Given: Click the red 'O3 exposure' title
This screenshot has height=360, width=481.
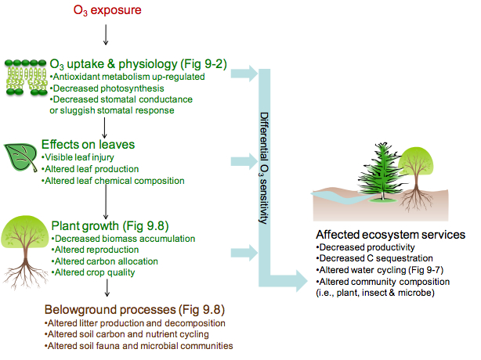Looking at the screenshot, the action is (x=107, y=10).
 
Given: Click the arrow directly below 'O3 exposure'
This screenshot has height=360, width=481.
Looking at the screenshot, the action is (x=106, y=34).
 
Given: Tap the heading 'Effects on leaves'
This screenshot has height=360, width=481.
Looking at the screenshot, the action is (x=88, y=144).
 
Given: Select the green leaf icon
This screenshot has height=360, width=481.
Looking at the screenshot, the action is (x=20, y=157).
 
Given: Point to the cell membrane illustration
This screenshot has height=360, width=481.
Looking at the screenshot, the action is (x=26, y=77).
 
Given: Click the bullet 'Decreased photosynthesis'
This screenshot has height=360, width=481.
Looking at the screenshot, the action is (x=107, y=88).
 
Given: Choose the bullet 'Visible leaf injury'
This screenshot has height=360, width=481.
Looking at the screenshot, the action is (x=78, y=157).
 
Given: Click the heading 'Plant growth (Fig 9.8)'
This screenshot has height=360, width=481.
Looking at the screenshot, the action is (x=110, y=226).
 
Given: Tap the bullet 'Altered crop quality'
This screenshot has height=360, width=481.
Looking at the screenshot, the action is (x=93, y=272).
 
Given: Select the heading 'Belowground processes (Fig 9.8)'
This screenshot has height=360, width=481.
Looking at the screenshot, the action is (x=135, y=310).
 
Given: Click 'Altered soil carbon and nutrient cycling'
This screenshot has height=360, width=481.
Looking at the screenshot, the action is (x=127, y=334).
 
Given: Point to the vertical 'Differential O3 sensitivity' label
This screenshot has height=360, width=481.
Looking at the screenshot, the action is (x=264, y=168).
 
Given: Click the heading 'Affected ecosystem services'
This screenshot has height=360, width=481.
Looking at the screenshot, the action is (x=390, y=235).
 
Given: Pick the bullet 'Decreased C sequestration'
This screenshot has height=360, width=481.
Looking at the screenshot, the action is (x=374, y=258).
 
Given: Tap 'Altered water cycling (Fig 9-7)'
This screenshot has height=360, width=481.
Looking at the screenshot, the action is (x=380, y=270).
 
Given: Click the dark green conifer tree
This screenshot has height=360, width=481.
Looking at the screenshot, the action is (x=382, y=171).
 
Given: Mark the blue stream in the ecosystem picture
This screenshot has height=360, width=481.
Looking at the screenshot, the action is (x=342, y=196).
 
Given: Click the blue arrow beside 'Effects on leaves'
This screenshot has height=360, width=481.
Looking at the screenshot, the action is (x=244, y=161).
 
